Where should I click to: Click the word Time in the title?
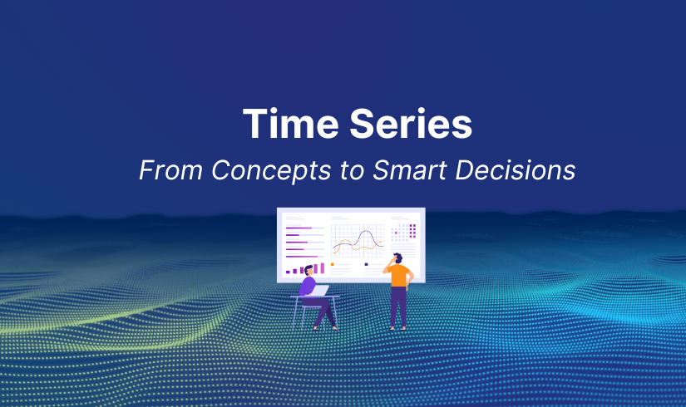click(x=290, y=124)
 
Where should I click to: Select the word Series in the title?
click(x=411, y=124)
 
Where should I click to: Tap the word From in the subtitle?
click(x=171, y=170)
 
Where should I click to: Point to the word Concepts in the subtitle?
click(x=271, y=171)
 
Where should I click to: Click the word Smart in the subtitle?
click(x=410, y=170)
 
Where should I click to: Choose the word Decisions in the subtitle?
click(x=516, y=170)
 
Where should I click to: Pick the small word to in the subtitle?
click(x=352, y=171)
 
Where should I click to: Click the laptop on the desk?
click(x=319, y=290)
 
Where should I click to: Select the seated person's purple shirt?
click(x=307, y=286)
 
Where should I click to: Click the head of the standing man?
click(x=397, y=258)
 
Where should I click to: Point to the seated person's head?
click(x=308, y=271)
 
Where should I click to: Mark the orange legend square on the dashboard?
click(x=333, y=264)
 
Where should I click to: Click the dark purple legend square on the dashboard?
click(x=366, y=264)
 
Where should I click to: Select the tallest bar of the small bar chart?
click(x=323, y=268)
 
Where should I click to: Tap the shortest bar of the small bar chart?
click(x=288, y=272)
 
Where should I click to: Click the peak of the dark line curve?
click(x=366, y=231)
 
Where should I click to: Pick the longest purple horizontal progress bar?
click(x=302, y=257)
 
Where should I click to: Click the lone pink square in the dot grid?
click(x=396, y=233)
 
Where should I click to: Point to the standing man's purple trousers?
click(x=398, y=306)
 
